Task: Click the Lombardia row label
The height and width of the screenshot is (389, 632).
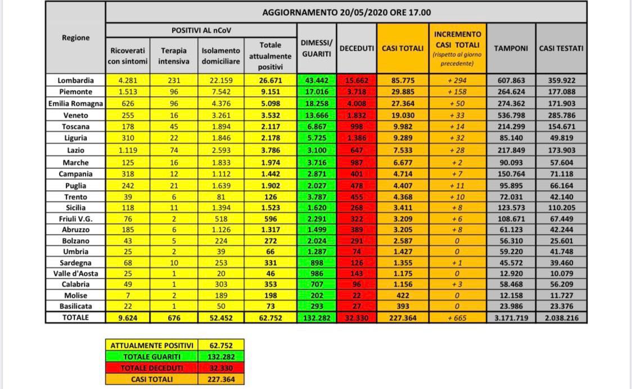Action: coord(75,81)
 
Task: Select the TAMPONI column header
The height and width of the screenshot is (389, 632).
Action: coord(511,48)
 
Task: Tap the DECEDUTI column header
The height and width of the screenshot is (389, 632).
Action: coord(357,48)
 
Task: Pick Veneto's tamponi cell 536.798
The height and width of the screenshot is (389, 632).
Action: coord(511,115)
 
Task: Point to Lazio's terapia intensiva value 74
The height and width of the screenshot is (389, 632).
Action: coord(174,150)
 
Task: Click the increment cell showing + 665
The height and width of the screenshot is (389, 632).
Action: coord(457,318)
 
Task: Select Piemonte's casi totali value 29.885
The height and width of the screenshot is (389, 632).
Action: coord(403,92)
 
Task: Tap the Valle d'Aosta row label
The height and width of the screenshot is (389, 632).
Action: coord(75,274)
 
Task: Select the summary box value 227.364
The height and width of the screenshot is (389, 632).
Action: coord(220,379)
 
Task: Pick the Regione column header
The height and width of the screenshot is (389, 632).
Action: coord(75,38)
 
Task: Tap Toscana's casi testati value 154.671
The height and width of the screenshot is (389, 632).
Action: coord(562,127)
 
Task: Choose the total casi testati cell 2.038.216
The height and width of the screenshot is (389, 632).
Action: coord(562,318)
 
